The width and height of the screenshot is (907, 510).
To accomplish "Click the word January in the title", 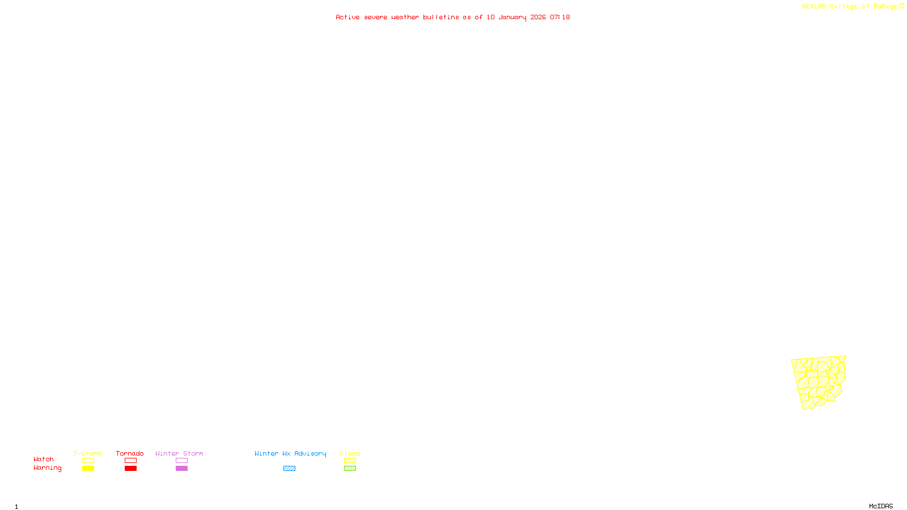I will pos(512,18).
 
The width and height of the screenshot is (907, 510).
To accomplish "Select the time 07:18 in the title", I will pos(560,18).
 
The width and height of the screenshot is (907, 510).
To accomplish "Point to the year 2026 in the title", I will pos(538,18).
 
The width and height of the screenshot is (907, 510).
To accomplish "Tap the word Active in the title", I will pos(347,18).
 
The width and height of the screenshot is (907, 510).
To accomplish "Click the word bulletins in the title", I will pos(441,18).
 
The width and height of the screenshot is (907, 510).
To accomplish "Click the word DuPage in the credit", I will pos(885,7).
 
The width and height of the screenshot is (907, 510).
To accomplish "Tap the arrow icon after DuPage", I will pos(902,6).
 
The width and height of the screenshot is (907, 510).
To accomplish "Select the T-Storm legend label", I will pos(87,453).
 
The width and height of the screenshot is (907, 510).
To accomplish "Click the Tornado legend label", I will pos(130,453).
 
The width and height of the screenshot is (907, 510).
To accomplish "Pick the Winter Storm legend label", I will pos(179,453).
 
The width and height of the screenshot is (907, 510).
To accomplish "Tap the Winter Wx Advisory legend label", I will pos(290,453).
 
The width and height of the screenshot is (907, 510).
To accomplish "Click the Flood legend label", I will pos(350,453).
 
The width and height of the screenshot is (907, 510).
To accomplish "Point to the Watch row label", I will pos(44,460).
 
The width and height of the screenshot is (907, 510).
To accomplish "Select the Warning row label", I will pos(48,468).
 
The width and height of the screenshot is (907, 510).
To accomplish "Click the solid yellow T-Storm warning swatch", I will pos(88,469).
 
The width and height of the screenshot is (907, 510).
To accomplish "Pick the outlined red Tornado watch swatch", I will pos(130,461).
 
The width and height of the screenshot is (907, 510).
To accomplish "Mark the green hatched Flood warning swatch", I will pos(350,469).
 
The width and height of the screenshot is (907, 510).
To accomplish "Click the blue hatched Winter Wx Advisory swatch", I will pos(289,469).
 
